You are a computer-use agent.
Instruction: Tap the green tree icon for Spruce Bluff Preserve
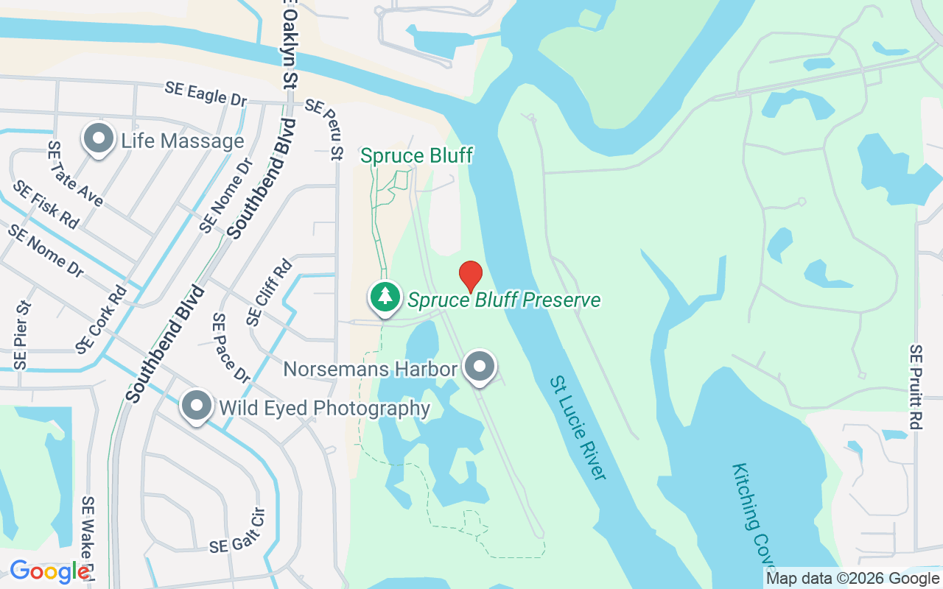coord(385,297)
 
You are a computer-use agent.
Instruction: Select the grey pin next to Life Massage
coord(97,138)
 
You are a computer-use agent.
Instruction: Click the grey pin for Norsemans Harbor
coord(480,366)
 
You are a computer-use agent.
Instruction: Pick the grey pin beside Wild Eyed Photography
coord(197,406)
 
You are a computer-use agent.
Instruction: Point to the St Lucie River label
coord(578,428)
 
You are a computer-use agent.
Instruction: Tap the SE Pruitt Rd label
coord(916,387)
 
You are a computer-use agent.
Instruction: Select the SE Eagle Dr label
coord(206,94)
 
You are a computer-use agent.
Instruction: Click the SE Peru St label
coord(325,129)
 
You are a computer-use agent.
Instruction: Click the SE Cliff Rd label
coord(269,292)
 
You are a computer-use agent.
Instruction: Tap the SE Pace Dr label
coord(231,348)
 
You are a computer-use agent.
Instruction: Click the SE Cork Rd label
coord(101,318)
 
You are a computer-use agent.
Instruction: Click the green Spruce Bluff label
coord(416,155)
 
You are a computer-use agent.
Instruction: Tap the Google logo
coord(49,571)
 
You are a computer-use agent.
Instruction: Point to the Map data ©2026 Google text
coord(852,579)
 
